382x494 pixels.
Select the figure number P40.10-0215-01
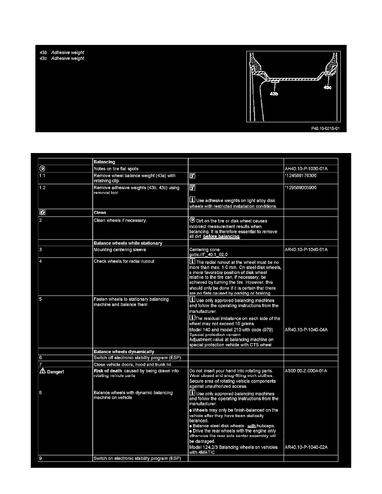pos(325,128)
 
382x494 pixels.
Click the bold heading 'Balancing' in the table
pos(104,161)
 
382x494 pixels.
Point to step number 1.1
pos(43,176)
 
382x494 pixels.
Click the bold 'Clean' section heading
pos(100,212)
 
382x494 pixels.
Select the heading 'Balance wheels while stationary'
pos(128,243)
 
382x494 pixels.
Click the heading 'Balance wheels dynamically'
pos(124,352)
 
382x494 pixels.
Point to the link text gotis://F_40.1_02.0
pos(208,254)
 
